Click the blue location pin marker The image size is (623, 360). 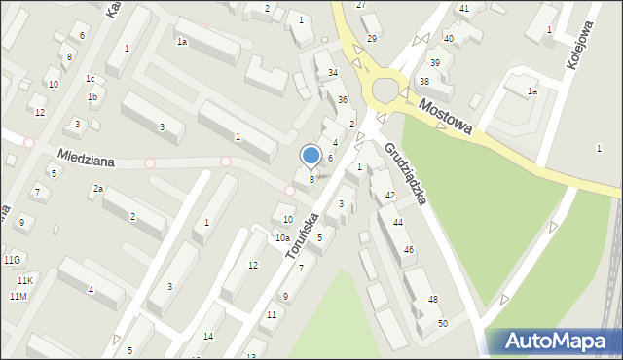coord(311,156)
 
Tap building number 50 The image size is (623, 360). coord(443,322)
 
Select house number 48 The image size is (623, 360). coord(432,299)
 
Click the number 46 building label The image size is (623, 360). coord(409,250)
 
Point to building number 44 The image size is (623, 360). coord(398,223)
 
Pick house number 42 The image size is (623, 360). coord(389,196)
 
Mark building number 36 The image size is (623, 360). coord(343,100)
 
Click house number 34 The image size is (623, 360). coord(333,73)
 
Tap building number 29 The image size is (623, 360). coord(371,38)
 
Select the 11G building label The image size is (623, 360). coord(12,260)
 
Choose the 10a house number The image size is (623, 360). coord(282,237)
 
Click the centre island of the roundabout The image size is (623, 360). coord(385,90)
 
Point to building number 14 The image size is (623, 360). coord(208,336)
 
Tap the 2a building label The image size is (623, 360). coord(97,189)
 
